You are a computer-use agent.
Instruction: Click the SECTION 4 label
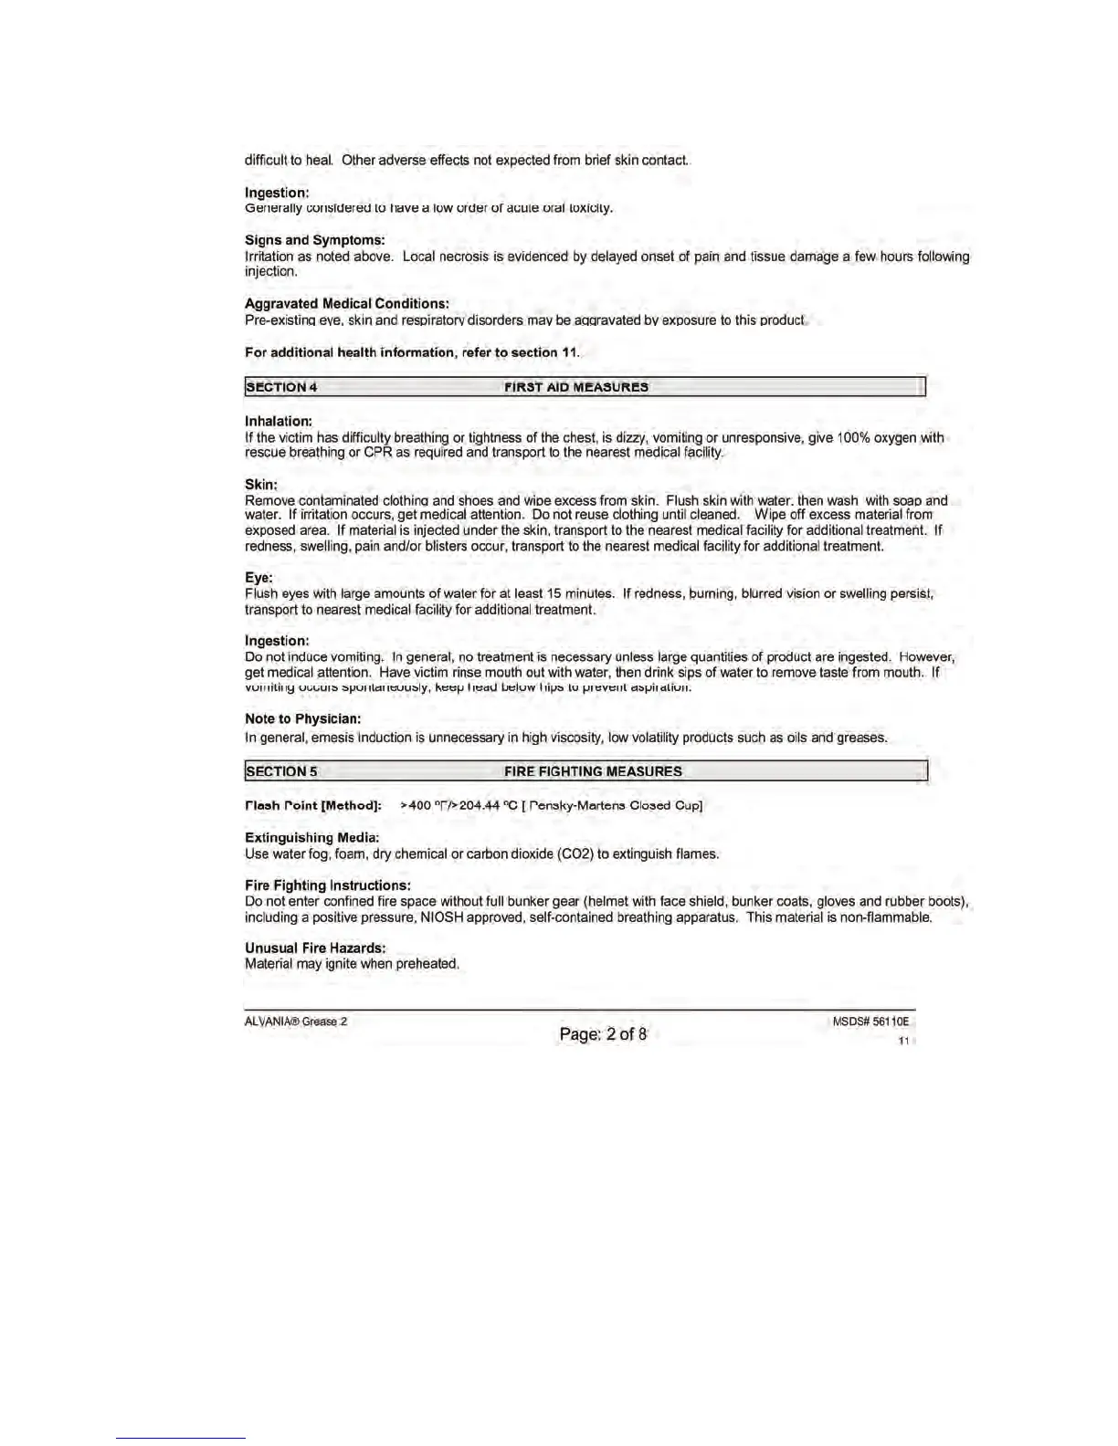[281, 387]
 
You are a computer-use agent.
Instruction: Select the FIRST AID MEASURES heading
[576, 387]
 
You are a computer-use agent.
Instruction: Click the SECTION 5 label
[281, 771]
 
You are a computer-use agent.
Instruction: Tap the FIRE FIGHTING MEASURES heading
[593, 771]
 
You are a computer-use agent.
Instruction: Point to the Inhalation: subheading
[279, 422]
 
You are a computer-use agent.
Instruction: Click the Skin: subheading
[261, 485]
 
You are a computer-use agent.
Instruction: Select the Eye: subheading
[258, 578]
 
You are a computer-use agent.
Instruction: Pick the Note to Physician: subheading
[302, 719]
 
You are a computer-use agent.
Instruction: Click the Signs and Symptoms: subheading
[314, 240]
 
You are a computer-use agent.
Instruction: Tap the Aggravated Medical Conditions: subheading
[346, 304]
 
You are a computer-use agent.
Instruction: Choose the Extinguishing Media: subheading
[311, 838]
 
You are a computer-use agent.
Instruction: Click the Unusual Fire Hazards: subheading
[315, 948]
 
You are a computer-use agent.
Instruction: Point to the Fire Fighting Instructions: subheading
[327, 885]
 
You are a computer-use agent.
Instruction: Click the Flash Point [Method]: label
[312, 806]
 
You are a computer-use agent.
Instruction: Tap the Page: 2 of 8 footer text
[603, 1034]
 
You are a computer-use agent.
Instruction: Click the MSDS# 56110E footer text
[870, 1022]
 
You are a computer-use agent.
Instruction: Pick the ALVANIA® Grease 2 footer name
[296, 1022]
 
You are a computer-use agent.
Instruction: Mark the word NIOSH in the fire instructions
[441, 917]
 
